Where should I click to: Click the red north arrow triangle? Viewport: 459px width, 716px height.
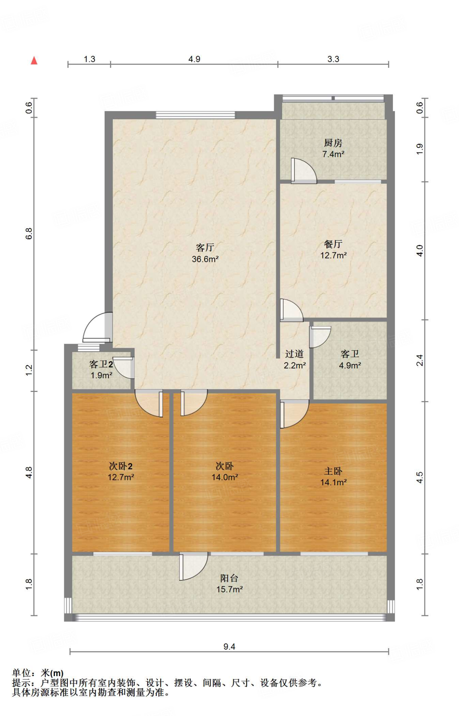pos(34,60)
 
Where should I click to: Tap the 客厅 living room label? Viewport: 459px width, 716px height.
pos(205,248)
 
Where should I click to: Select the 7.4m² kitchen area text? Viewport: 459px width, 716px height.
pos(333,154)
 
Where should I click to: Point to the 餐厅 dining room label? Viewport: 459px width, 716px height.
pos(333,244)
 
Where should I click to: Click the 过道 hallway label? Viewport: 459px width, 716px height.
pos(294,354)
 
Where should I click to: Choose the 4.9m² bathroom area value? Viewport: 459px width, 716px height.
pos(350,365)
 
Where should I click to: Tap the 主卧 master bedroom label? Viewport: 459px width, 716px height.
pos(334,471)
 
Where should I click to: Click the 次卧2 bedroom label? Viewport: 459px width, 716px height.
pos(121,466)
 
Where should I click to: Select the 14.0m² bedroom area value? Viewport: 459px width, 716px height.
pos(225,477)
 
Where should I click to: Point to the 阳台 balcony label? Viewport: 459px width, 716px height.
pos(229,578)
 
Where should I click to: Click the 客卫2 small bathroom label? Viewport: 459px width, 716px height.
pos(101,364)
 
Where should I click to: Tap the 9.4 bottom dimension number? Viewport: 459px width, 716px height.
pos(229,646)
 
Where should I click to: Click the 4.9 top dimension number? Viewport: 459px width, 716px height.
pos(194,59)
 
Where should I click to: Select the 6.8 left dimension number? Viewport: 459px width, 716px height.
pos(29,234)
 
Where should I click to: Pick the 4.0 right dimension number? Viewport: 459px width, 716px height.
pos(420,251)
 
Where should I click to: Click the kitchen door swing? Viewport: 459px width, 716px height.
pos(303,171)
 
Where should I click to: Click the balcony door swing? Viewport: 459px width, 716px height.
pos(194,566)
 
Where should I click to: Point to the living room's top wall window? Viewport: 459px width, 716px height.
pos(195,115)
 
